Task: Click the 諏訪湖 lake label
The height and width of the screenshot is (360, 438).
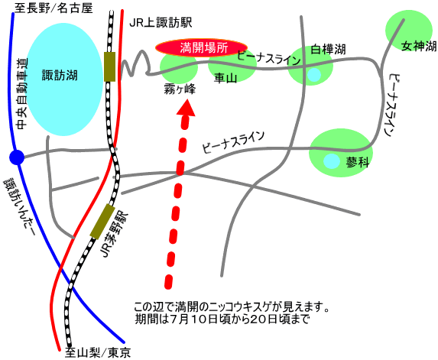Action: coord(60,76)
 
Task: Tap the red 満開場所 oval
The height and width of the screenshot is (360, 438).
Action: coord(201,47)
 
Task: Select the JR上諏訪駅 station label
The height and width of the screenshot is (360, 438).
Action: coord(161,23)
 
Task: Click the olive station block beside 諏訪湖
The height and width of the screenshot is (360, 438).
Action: coord(109,66)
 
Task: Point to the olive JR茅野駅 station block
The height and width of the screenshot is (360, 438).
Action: coord(102,222)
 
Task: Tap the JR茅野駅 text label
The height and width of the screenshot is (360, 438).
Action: coord(114,235)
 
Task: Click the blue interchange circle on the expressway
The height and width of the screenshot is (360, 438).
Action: coord(17,157)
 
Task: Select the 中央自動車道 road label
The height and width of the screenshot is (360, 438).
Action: coord(22,94)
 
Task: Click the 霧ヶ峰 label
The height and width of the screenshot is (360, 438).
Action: coord(180,89)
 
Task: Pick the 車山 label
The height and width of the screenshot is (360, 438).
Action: coord(225,78)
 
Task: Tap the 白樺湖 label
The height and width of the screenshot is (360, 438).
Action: coord(328,50)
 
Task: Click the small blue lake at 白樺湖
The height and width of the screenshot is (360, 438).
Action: coord(314,75)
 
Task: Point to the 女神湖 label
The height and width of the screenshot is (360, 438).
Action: coord(419,46)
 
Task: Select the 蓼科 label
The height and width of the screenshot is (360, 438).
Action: coord(358,162)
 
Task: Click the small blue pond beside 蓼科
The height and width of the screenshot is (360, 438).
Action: coord(332,161)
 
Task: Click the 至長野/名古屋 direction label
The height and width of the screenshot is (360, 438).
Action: coord(54,8)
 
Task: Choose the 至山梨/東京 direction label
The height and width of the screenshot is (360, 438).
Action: coord(98,352)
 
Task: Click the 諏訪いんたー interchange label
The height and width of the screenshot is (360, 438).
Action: coord(19,207)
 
